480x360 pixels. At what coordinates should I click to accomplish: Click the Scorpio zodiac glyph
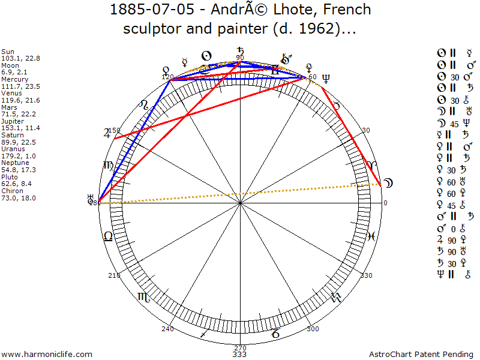tap(144, 296)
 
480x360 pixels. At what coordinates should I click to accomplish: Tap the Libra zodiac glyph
tap(109, 236)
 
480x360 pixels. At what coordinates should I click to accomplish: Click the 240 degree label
tap(167, 329)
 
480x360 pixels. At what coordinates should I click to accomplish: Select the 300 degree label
tap(313, 329)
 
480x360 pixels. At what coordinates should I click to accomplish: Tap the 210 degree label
tap(114, 275)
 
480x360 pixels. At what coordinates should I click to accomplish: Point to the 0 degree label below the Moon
tap(385, 203)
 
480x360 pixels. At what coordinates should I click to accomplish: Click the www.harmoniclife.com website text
tap(47, 355)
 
